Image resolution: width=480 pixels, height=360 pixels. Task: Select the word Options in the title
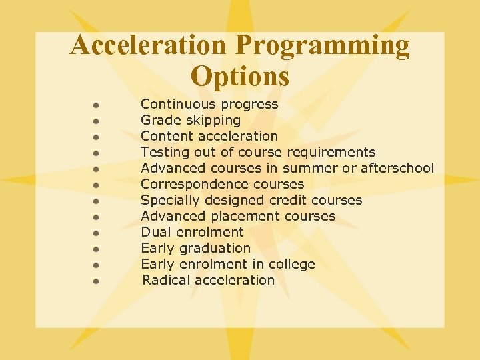[x=240, y=76]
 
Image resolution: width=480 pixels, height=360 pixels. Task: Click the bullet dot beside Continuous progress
[x=97, y=105]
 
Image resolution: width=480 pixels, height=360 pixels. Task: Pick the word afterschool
[x=397, y=168]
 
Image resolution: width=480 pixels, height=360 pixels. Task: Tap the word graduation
[x=215, y=248]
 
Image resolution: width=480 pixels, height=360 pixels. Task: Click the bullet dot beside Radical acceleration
[x=97, y=281]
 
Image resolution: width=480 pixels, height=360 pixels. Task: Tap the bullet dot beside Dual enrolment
[x=97, y=233]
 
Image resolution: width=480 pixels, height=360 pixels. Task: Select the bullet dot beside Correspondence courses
[x=97, y=185]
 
